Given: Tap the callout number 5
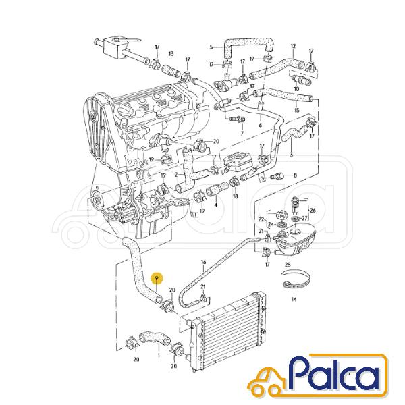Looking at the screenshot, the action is [x=211, y=47].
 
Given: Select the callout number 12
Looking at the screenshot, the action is [x=293, y=46].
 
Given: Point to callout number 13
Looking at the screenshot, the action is [x=171, y=54].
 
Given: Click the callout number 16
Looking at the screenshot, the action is [x=204, y=263].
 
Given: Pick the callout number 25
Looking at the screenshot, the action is [x=288, y=265].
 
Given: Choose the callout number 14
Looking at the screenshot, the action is [x=294, y=299].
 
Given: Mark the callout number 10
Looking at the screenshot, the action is [x=296, y=89].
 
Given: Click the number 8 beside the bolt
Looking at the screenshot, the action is [x=295, y=175].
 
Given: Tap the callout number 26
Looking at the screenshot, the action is [x=313, y=210].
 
